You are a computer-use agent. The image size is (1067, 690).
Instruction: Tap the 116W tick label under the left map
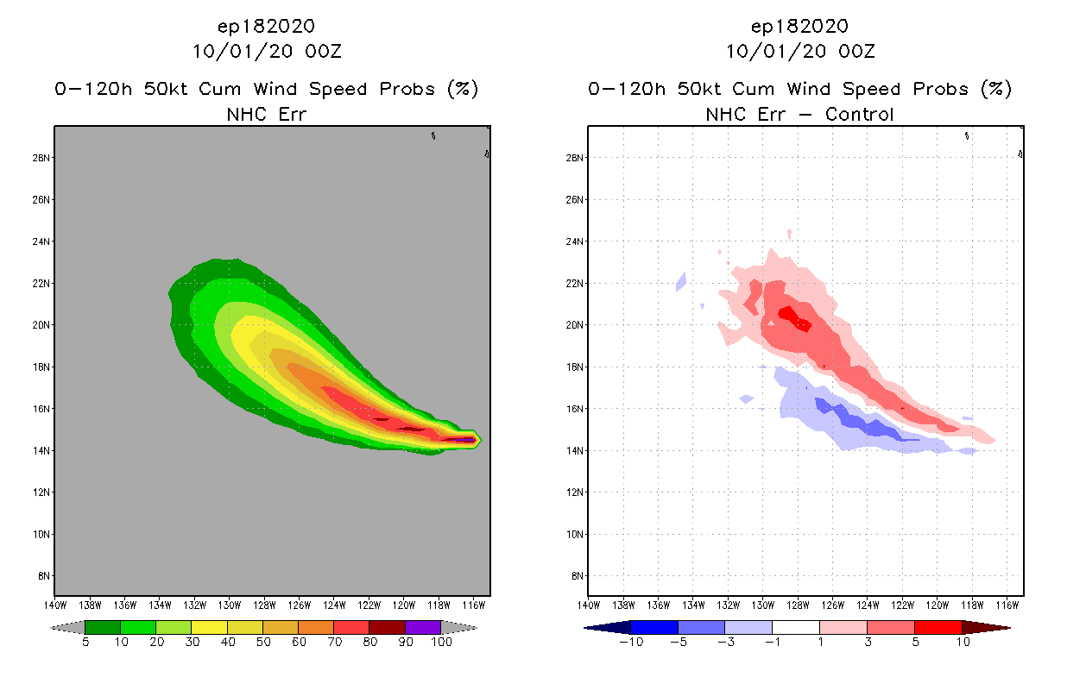click(x=473, y=605)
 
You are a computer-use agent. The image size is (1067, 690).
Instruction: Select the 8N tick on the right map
click(x=575, y=576)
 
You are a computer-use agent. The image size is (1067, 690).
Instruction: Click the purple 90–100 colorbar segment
click(x=423, y=627)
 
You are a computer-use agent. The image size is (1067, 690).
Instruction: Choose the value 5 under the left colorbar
click(x=85, y=642)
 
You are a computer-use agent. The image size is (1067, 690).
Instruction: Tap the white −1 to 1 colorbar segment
click(x=795, y=627)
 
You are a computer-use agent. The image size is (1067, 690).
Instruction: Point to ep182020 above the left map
click(x=266, y=27)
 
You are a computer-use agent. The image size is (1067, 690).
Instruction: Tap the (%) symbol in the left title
click(x=461, y=89)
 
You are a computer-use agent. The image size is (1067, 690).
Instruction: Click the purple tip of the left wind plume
click(x=466, y=440)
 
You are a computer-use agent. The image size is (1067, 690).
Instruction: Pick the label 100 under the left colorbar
click(x=441, y=642)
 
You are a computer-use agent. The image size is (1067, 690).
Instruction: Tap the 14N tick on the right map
click(x=575, y=450)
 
